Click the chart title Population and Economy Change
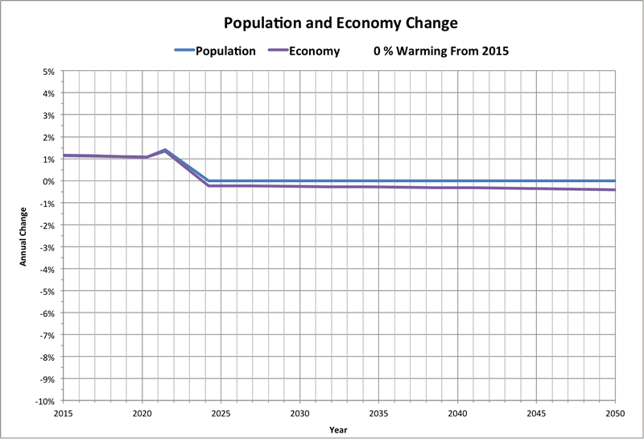[321, 22]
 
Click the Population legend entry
[225, 51]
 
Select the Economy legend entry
[316, 51]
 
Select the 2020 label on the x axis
[142, 412]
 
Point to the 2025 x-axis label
[221, 412]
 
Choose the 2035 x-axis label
[378, 412]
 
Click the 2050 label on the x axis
[615, 412]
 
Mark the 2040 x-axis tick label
[457, 412]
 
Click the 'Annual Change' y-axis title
[23, 236]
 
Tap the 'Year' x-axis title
[339, 429]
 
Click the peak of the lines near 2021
[165, 150]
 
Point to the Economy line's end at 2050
[614, 190]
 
